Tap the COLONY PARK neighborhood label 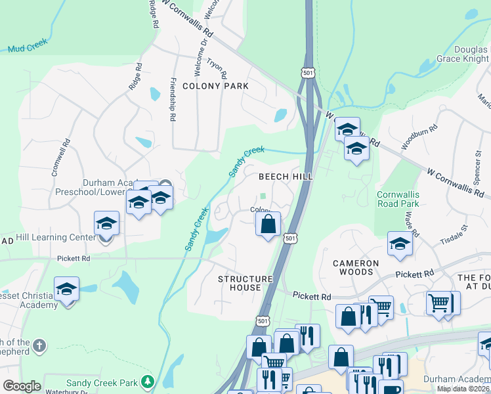(x=215, y=86)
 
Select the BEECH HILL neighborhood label (x=285, y=177)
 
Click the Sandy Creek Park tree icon (x=148, y=382)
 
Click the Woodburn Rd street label (x=419, y=138)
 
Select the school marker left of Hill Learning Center (x=106, y=223)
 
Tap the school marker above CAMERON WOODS (x=399, y=244)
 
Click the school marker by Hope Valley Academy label (x=66, y=289)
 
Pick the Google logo (x=22, y=386)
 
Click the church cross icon (x=39, y=345)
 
